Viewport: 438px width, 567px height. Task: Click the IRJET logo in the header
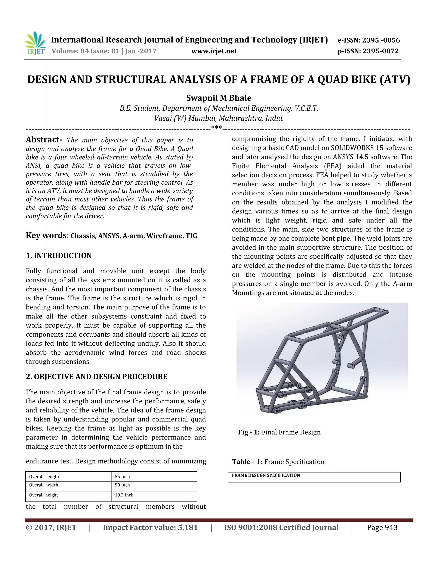tap(35, 44)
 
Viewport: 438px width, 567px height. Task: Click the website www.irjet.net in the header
tap(214, 51)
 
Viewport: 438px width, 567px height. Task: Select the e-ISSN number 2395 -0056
tap(381, 40)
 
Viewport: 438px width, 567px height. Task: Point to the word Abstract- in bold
tap(44, 140)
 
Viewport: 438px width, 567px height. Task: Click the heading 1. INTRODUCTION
tap(59, 255)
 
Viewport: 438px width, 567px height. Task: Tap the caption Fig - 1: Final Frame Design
tap(279, 432)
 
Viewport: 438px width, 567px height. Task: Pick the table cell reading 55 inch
tap(122, 476)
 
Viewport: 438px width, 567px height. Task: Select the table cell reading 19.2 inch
tap(124, 495)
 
